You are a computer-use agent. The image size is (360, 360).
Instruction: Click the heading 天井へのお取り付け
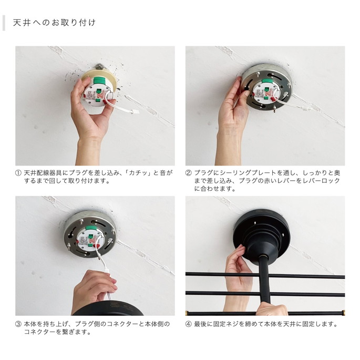click(54, 23)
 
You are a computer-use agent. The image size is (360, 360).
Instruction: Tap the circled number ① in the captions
click(18, 173)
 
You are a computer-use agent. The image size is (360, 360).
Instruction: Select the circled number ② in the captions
click(189, 173)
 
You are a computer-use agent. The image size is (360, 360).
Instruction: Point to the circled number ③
click(18, 324)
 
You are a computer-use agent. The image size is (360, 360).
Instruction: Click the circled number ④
click(189, 324)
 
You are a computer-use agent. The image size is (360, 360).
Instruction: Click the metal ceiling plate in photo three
click(90, 234)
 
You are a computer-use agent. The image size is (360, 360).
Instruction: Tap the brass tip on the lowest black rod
click(343, 313)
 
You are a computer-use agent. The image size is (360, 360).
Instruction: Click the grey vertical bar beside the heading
click(4, 23)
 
